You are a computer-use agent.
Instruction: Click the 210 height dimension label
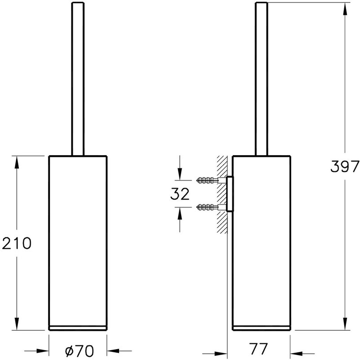click(x=17, y=243)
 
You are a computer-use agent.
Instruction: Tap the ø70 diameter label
click(x=80, y=351)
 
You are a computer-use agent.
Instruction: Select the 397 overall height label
click(x=345, y=166)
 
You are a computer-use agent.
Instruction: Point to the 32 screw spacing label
click(x=180, y=193)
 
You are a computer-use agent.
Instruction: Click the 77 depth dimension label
click(x=259, y=349)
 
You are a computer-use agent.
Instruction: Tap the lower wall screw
click(x=208, y=207)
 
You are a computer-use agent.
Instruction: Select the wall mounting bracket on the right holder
click(x=230, y=194)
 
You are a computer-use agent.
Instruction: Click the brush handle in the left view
click(x=78, y=79)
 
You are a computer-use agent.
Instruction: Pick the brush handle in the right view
click(x=262, y=79)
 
